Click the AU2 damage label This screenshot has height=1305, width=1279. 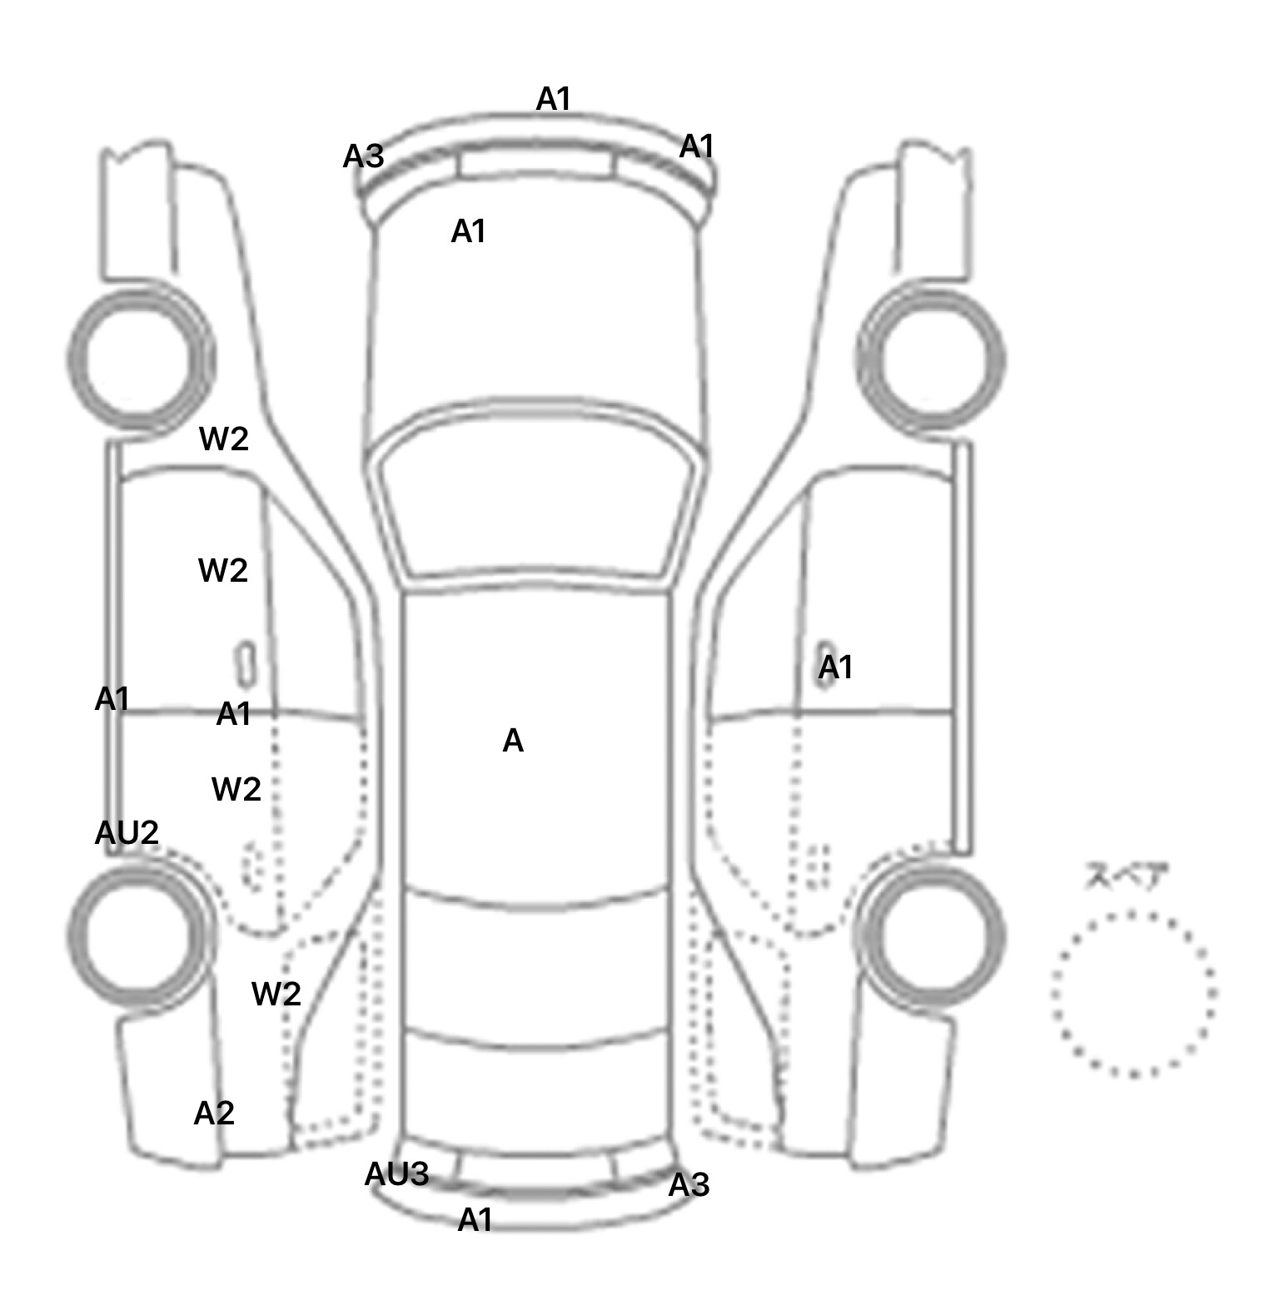click(127, 832)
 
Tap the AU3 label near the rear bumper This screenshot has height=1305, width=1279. click(396, 1174)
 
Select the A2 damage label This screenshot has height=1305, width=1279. click(214, 1113)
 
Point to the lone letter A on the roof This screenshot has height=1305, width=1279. click(513, 741)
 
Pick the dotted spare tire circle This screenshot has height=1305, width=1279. click(1133, 994)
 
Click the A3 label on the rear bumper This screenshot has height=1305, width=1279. click(689, 1184)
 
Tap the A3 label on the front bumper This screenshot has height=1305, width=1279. click(364, 156)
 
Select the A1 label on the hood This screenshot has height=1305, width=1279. click(468, 231)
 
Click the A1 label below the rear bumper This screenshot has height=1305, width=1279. click(475, 1220)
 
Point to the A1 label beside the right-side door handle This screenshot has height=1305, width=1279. click(836, 667)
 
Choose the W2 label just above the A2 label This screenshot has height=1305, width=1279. click(276, 993)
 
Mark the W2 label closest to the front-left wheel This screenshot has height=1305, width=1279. click(224, 439)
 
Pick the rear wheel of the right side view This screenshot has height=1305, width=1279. click(931, 933)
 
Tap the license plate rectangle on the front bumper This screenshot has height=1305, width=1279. click(535, 162)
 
